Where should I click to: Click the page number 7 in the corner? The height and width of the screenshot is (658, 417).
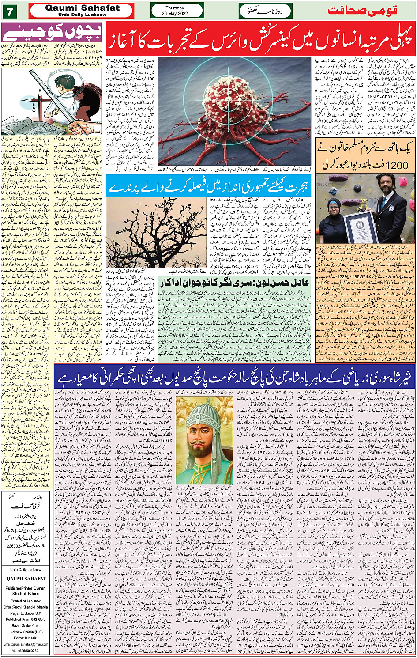click(x=9, y=11)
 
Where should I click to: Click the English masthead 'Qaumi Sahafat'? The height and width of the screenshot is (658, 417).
click(x=82, y=8)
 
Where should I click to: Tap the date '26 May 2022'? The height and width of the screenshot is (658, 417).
click(x=175, y=13)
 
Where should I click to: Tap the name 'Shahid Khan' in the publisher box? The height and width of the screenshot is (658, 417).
click(x=26, y=594)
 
